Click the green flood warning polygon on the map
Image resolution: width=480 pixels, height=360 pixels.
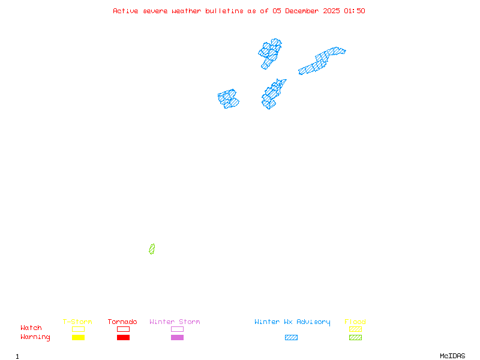[x=152, y=249]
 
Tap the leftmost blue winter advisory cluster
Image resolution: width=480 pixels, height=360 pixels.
[x=228, y=98]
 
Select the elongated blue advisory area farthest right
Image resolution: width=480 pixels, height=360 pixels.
[x=322, y=61]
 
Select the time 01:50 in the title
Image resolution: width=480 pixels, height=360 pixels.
[x=354, y=11]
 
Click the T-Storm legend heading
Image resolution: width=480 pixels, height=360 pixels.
[x=77, y=322]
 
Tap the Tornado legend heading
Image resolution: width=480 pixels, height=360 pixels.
[x=122, y=322]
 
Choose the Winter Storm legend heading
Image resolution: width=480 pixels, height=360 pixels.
[x=175, y=322]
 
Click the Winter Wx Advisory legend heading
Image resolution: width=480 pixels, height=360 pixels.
[x=292, y=322]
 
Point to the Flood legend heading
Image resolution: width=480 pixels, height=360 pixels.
[x=355, y=322]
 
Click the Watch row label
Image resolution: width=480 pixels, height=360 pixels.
[x=31, y=328]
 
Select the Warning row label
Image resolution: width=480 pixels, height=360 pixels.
[x=35, y=337]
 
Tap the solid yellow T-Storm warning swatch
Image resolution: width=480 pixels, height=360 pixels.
[x=78, y=338]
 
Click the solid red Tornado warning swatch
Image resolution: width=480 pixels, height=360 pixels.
[x=123, y=338]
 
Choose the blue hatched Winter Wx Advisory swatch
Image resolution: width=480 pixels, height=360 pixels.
[x=291, y=338]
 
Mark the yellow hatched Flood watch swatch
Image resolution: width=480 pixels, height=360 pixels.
[x=355, y=329]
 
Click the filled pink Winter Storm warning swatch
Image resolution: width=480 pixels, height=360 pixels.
[x=177, y=338]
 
